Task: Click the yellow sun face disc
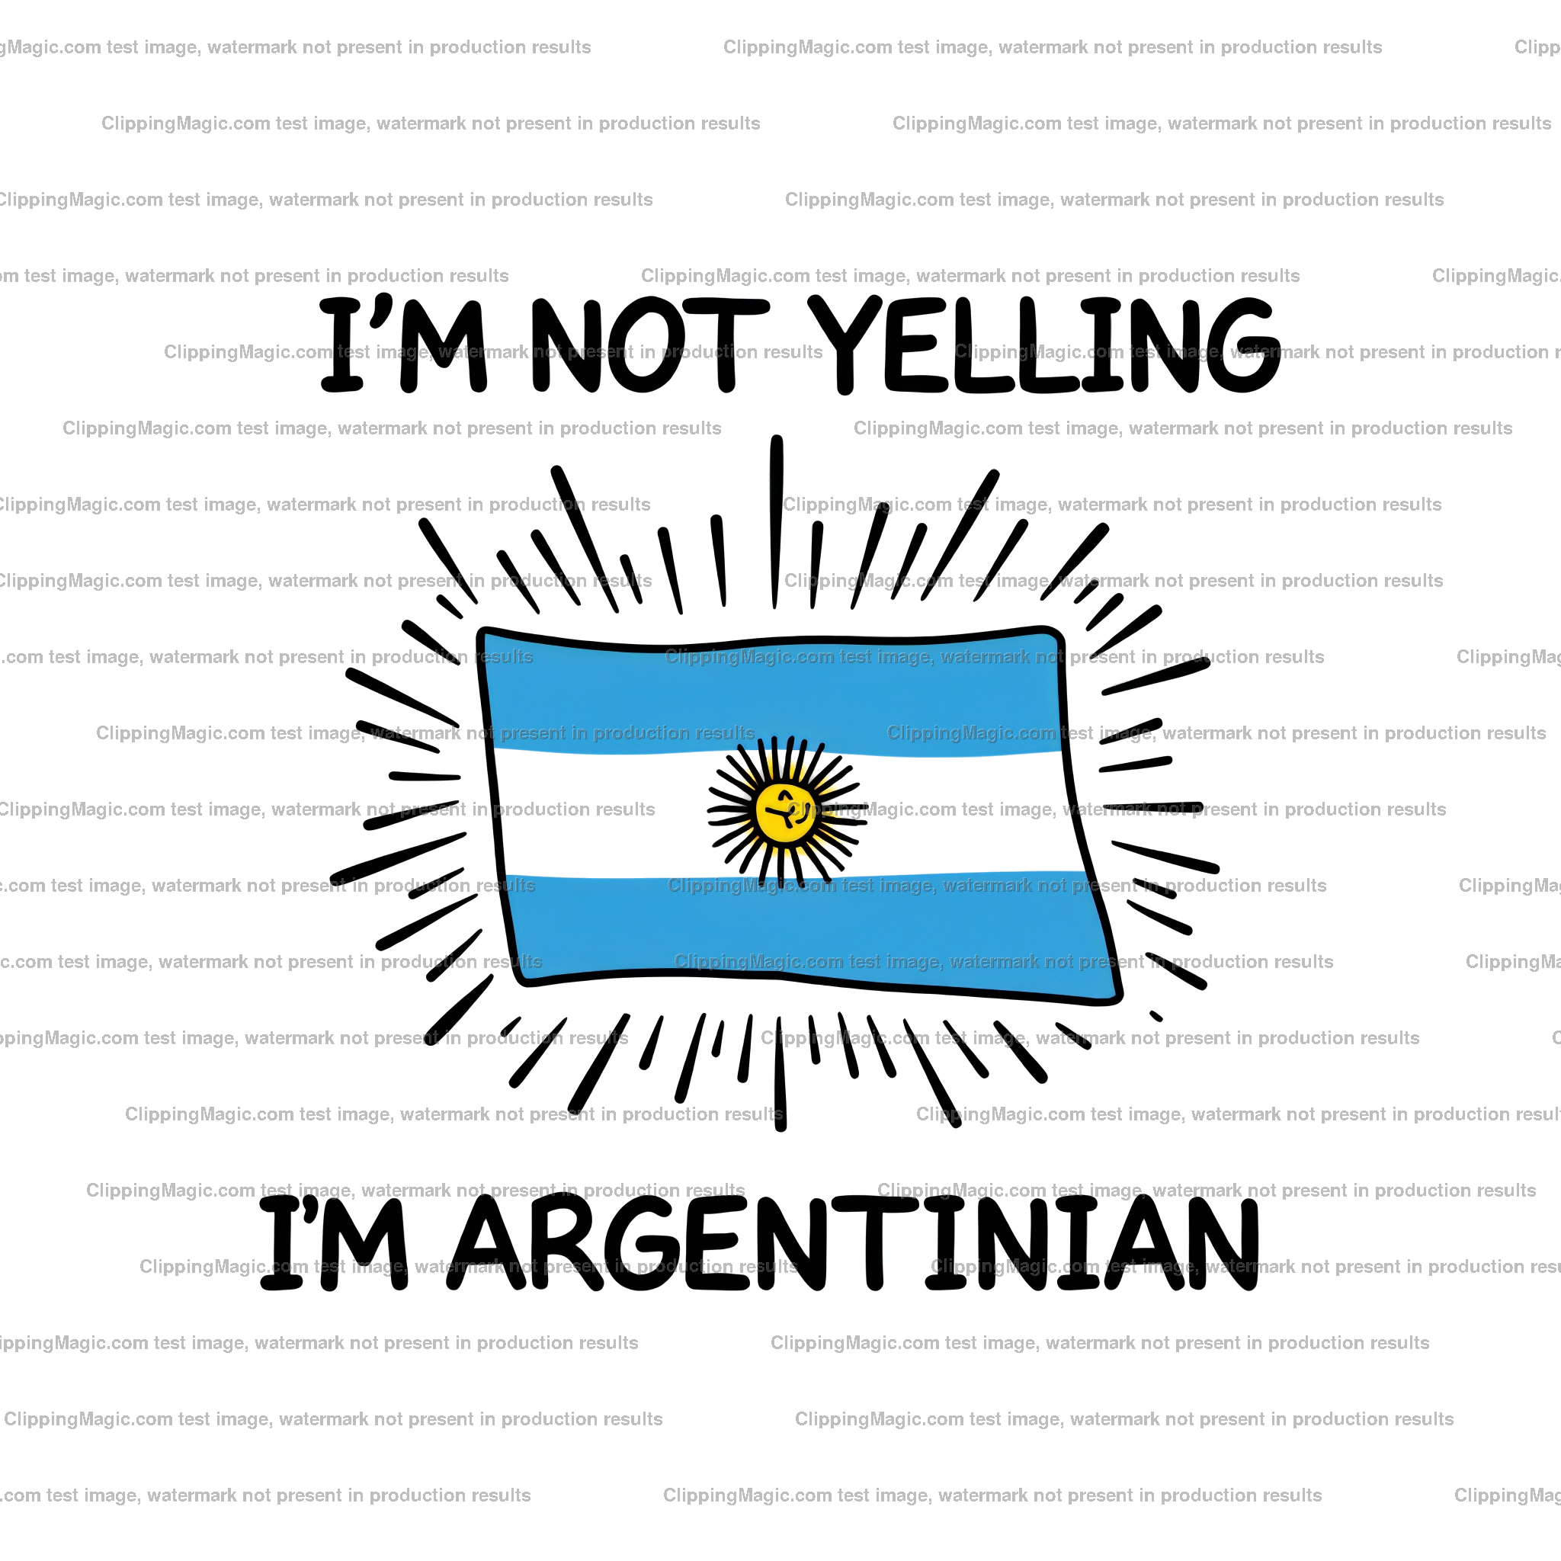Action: coord(784,811)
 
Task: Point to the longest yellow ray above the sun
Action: coord(770,764)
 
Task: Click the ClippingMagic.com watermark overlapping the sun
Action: coord(1115,809)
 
